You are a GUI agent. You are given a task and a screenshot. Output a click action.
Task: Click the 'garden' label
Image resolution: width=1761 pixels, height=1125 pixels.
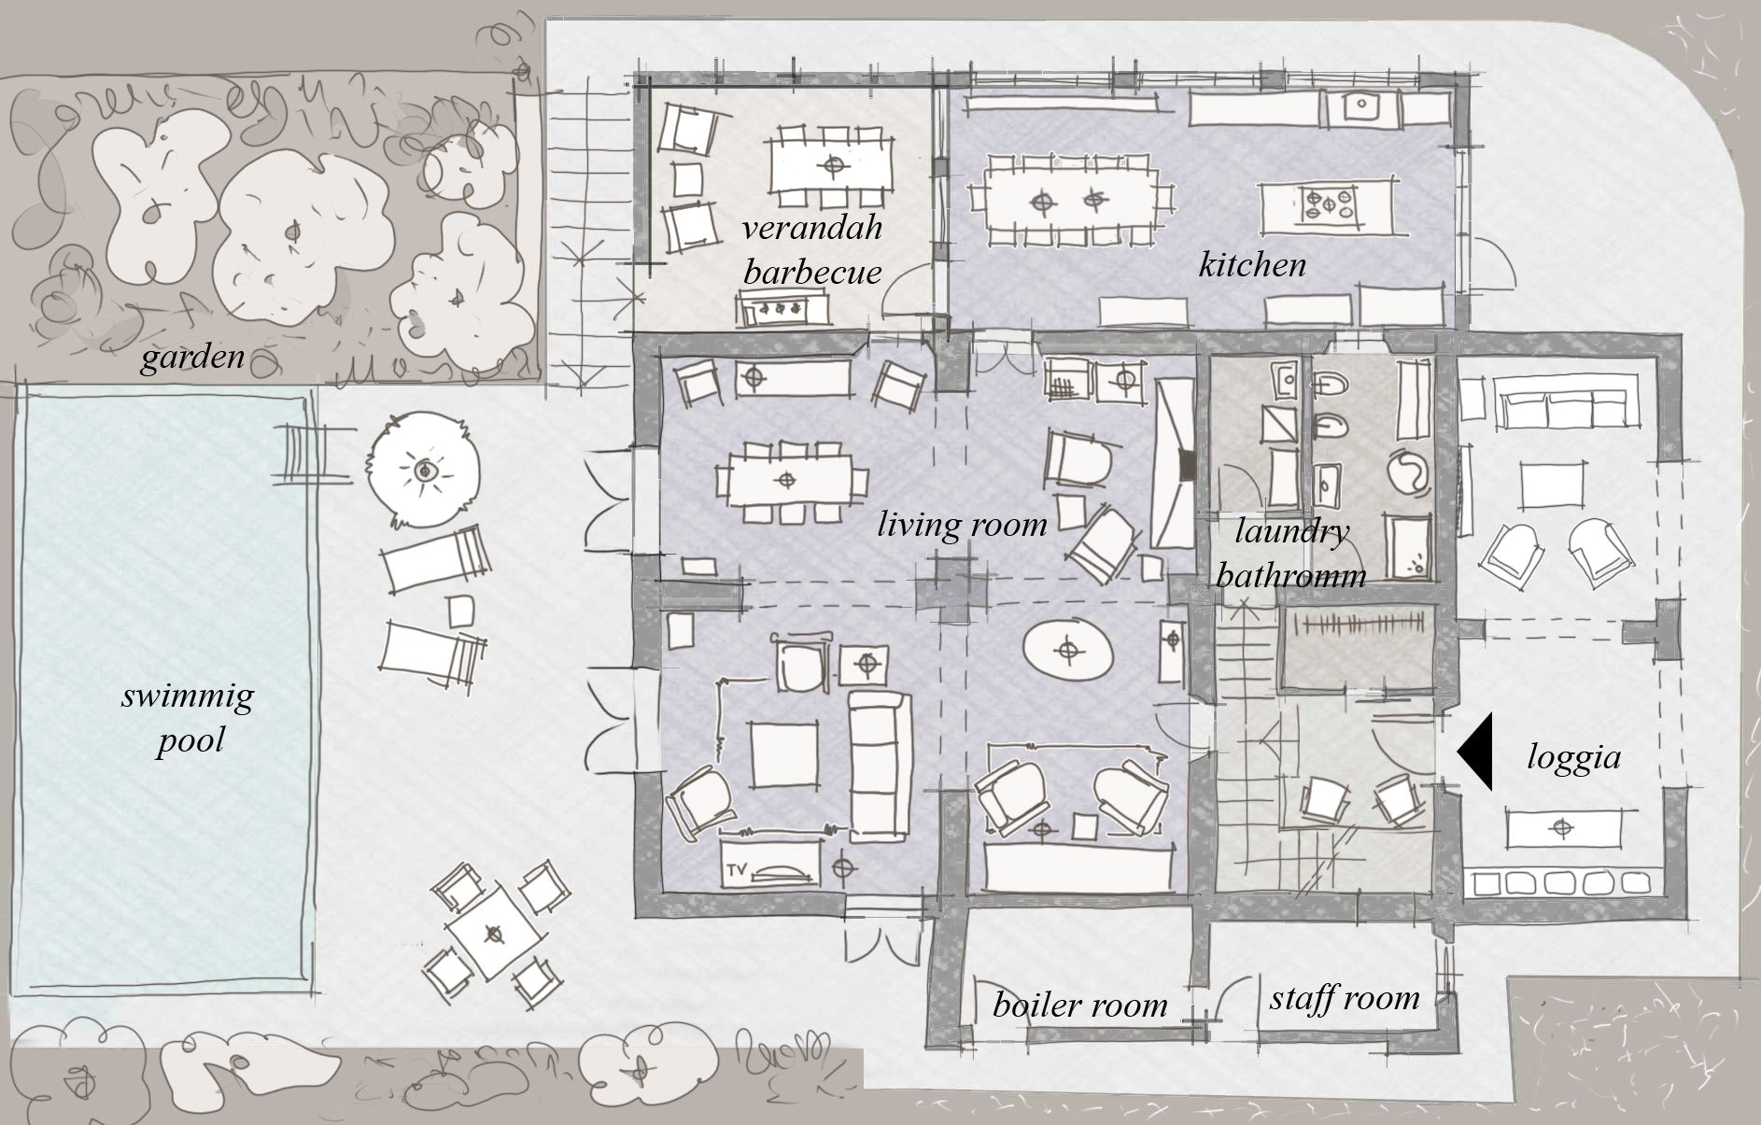(x=192, y=357)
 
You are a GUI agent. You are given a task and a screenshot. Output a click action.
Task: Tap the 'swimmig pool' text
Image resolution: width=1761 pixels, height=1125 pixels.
(x=188, y=718)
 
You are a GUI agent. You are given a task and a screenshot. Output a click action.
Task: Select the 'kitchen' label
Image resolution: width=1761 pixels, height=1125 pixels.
(x=1252, y=264)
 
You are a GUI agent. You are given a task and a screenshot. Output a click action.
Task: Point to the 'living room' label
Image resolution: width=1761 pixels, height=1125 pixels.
(x=962, y=524)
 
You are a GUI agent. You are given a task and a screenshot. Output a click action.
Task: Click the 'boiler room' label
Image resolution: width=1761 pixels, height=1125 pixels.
(x=1079, y=1005)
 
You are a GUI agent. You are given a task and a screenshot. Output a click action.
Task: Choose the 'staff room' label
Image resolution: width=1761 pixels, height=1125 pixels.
(x=1345, y=997)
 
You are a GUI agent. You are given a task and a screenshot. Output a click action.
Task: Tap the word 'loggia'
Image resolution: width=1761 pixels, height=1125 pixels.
(x=1573, y=757)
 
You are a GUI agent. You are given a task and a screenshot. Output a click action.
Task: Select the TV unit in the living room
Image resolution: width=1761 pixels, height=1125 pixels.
(x=771, y=863)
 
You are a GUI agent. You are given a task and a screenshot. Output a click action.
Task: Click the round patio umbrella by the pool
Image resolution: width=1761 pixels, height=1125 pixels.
(x=425, y=470)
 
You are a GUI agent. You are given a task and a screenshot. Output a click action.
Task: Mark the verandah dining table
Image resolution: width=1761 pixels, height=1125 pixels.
(x=831, y=165)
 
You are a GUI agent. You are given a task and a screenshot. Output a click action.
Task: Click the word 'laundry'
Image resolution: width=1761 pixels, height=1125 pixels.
(x=1291, y=532)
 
